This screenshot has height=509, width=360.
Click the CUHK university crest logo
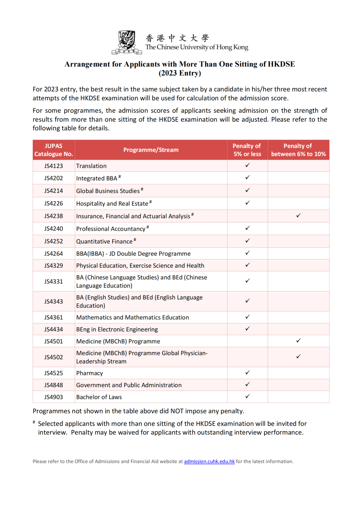click(x=127, y=42)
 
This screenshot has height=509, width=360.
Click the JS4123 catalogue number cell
click(x=53, y=166)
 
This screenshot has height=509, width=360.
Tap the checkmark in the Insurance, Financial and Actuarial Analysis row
click(x=298, y=216)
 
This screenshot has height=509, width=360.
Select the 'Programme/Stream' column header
click(x=151, y=150)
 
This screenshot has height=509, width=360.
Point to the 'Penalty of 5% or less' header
click(x=247, y=150)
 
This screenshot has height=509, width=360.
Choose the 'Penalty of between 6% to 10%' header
click(x=298, y=150)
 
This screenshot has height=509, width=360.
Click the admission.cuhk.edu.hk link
click(x=209, y=461)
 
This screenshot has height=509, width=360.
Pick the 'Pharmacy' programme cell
click(x=90, y=373)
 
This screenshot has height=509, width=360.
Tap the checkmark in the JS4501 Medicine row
click(x=298, y=341)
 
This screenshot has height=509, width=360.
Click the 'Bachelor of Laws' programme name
click(x=99, y=397)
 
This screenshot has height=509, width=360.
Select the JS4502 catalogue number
click(x=53, y=357)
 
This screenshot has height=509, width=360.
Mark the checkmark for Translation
click(x=247, y=165)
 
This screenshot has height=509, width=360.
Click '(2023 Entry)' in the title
click(x=180, y=73)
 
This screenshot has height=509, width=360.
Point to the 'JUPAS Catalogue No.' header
click(x=53, y=150)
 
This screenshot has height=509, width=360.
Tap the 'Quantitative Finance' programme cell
click(x=104, y=241)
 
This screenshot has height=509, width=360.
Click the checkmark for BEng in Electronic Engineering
click(x=247, y=329)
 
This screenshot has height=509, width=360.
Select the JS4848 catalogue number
click(x=53, y=385)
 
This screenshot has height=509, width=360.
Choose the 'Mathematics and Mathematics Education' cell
click(x=132, y=317)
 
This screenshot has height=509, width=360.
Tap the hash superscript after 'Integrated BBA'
click(x=120, y=177)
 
